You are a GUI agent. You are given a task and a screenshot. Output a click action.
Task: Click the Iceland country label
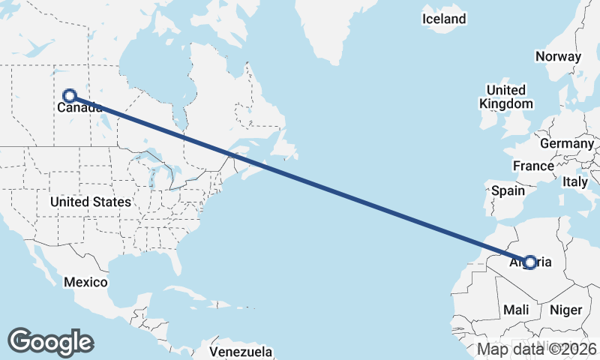pos(444,19)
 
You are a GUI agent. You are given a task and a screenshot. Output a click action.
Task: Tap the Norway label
pos(558,56)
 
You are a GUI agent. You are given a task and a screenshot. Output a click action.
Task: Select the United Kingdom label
pos(508,97)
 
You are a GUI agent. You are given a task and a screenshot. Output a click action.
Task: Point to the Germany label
pos(566,143)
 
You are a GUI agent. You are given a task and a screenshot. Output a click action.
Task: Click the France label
pos(533,166)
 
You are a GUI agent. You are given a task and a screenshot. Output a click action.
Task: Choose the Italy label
pos(575,181)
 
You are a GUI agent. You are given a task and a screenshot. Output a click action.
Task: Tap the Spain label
pos(508,190)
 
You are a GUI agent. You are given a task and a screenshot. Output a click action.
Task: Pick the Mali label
pos(516,309)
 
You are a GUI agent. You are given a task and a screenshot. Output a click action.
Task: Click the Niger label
pos(565,309)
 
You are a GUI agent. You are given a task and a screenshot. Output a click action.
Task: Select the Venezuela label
pos(240,351)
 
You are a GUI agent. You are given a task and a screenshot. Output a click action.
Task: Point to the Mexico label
pos(85,283)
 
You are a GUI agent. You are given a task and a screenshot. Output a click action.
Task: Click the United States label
pos(91,202)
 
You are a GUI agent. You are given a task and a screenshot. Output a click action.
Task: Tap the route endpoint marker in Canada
pos(70,95)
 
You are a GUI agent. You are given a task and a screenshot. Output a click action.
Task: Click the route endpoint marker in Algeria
pos(530,262)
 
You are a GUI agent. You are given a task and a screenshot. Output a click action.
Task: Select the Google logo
pos(50,341)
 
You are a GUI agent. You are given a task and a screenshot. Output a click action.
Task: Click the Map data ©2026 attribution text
pos(537,349)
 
